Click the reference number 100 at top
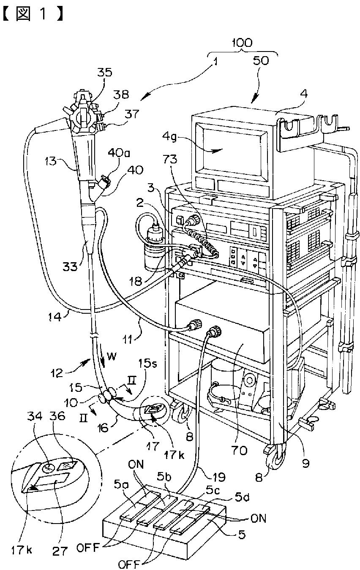(x=242, y=42)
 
